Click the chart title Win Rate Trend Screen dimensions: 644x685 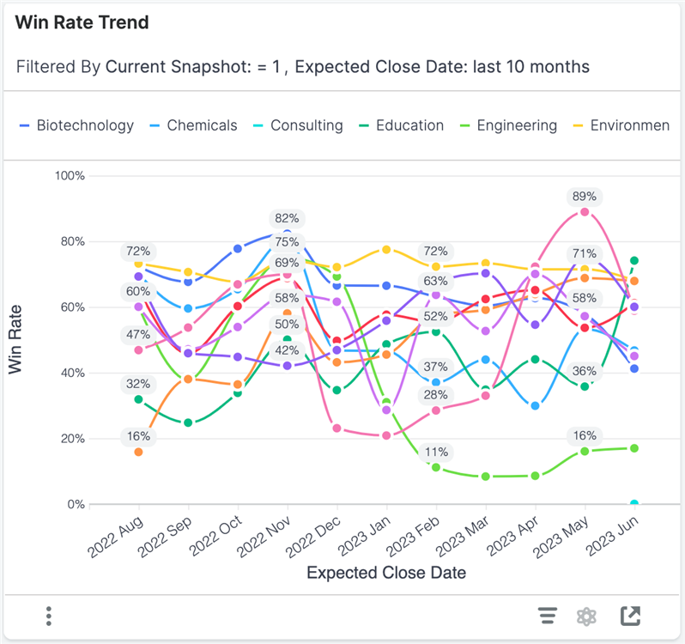(82, 23)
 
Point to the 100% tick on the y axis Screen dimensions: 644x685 (69, 176)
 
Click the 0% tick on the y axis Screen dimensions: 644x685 (74, 505)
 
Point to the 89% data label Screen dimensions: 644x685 (585, 197)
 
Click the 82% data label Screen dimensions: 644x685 (287, 219)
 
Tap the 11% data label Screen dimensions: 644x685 (436, 452)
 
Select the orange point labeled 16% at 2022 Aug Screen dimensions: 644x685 (138, 452)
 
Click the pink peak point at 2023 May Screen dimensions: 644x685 (585, 212)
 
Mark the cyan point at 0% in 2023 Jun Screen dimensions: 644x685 (634, 504)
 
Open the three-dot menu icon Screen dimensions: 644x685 (49, 616)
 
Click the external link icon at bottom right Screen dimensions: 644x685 (630, 616)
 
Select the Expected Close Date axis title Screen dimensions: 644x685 (386, 573)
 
